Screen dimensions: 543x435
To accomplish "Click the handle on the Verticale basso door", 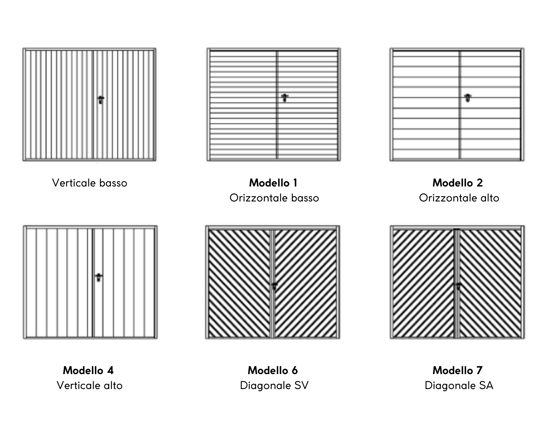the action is [x=101, y=100].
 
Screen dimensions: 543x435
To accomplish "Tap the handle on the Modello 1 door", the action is [x=285, y=98].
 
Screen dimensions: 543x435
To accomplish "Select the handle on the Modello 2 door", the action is [x=468, y=98].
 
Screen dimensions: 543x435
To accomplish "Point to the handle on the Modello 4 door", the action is [x=99, y=277].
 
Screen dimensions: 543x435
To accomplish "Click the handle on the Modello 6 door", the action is [x=274, y=286].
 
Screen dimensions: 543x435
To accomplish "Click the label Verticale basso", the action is [x=90, y=183].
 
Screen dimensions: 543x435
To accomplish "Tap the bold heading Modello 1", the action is [x=273, y=183].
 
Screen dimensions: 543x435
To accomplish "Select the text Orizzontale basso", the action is [x=274, y=198].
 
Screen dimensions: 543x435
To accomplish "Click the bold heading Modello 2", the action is [x=458, y=183].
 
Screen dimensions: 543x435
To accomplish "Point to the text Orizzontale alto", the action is [x=459, y=198].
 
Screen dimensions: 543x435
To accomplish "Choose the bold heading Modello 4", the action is [x=88, y=370].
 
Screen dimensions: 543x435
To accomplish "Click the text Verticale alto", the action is [x=90, y=385].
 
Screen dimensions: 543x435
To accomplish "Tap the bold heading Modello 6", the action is [x=273, y=370].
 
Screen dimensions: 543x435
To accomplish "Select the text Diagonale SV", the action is [x=274, y=385].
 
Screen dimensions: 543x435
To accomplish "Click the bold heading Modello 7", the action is [x=457, y=370].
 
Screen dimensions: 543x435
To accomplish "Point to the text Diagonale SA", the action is [x=459, y=385].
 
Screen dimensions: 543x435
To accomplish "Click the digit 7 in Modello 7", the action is [x=479, y=371].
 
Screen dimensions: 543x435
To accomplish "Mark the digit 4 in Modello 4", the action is [x=110, y=371].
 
